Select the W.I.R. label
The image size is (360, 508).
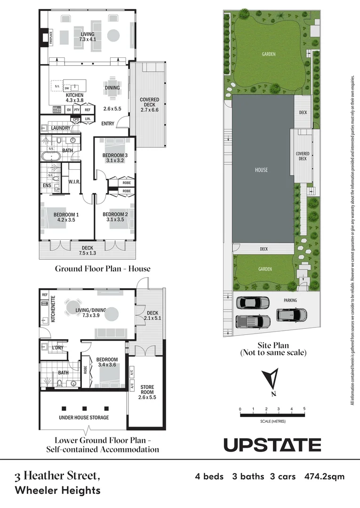point(73,181)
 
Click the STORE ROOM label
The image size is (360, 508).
point(147,390)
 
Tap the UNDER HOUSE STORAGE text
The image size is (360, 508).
point(84,417)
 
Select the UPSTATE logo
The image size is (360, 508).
point(272,444)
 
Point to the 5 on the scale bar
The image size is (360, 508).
point(304,408)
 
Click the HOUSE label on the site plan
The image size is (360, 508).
point(261,170)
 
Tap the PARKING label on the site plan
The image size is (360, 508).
point(290,300)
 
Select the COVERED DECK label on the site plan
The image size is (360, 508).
point(302,156)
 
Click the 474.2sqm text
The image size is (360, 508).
point(324,476)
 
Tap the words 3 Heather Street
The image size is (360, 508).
point(57,476)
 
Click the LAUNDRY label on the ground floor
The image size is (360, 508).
point(60,128)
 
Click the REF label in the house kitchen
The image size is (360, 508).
point(87,110)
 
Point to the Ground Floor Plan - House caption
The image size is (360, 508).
point(103,269)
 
